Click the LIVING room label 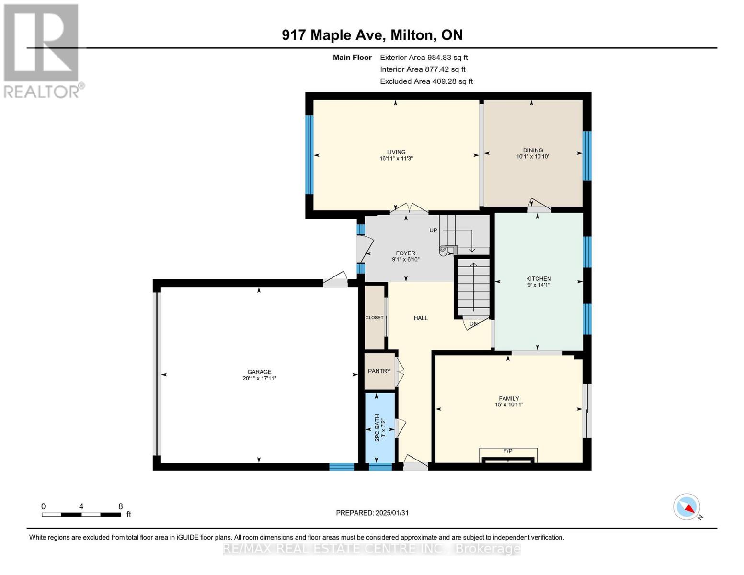point(396,152)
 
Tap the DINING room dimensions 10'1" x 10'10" point(533,157)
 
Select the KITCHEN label point(538,278)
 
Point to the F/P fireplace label point(508,451)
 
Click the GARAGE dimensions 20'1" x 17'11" point(259,379)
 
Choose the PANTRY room point(379,371)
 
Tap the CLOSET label point(374,318)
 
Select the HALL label point(421,318)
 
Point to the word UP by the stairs point(433,230)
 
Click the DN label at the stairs point(473,324)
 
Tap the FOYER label point(405,253)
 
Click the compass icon point(687,507)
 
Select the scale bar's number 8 point(121,506)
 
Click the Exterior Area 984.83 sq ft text point(424,57)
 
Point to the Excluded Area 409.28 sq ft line point(426,81)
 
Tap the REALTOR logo point(42,50)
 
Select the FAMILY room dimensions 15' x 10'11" point(509,405)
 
